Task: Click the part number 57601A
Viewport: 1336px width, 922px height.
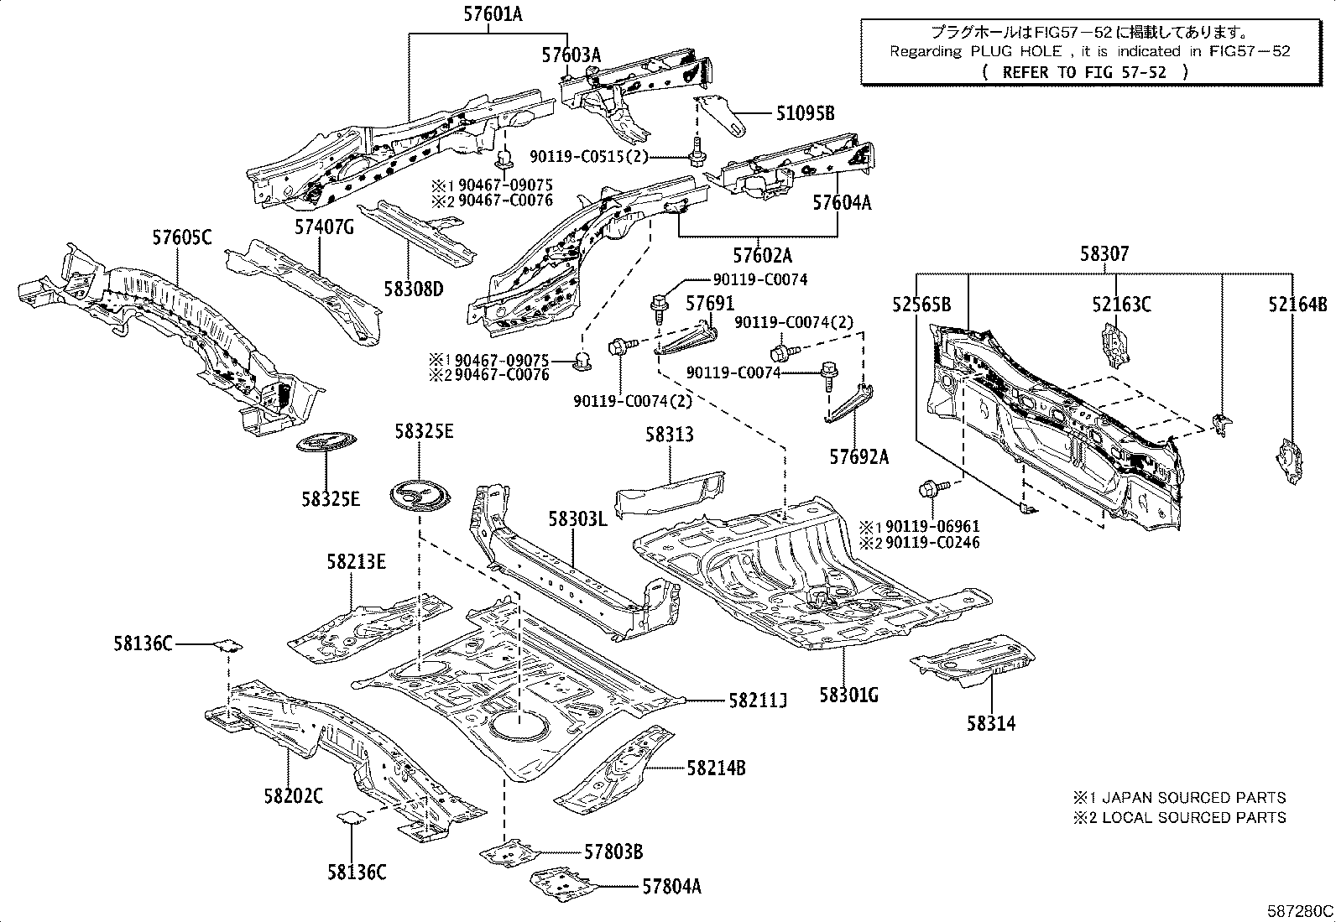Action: [493, 14]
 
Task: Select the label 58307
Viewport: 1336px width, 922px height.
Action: [1104, 254]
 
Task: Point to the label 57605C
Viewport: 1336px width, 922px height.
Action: [182, 237]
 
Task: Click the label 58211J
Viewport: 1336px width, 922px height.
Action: [758, 701]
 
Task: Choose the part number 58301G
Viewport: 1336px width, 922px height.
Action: [848, 695]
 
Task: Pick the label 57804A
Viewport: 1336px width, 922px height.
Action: [671, 887]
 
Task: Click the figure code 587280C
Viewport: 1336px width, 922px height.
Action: [1300, 911]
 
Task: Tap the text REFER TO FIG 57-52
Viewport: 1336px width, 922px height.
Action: [1084, 72]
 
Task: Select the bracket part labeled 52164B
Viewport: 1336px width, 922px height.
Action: [1290, 461]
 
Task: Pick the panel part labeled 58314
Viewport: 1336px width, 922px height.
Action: [972, 659]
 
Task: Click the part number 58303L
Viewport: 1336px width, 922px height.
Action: [578, 518]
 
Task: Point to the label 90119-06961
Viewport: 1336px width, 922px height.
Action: [933, 526]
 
